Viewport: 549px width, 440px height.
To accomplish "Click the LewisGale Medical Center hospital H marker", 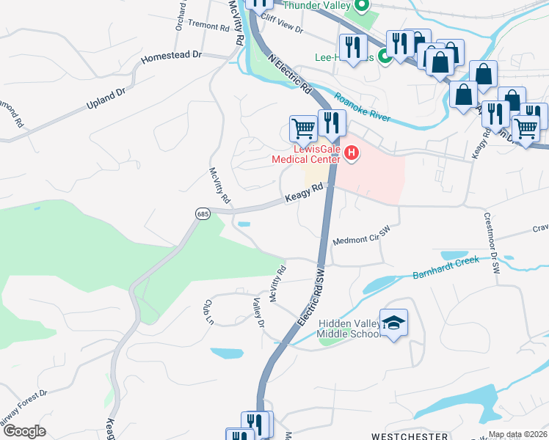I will click(x=352, y=153).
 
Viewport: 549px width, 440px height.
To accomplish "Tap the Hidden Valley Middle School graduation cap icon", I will click(x=394, y=323).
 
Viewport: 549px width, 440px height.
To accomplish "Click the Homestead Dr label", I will click(x=171, y=55).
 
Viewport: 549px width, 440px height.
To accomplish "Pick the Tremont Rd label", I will click(x=209, y=25).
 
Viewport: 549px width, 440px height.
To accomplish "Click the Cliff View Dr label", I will click(x=283, y=28).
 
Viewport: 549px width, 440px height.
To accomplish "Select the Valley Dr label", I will click(x=258, y=313).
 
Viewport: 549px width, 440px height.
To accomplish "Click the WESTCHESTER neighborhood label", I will click(x=408, y=436).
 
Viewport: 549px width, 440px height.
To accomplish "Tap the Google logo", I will click(x=24, y=431).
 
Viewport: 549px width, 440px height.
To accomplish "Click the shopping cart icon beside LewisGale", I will click(x=302, y=128).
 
